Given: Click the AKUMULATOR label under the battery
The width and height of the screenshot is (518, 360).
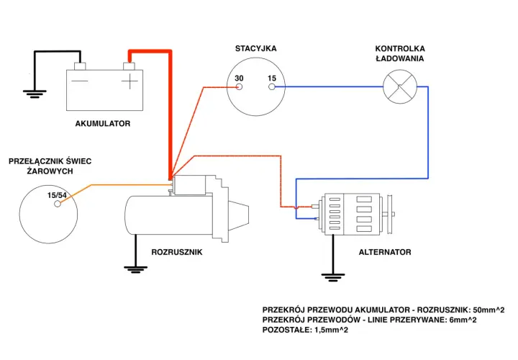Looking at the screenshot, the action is tap(103, 124).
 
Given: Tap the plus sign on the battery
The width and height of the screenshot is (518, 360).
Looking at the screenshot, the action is tap(129, 81).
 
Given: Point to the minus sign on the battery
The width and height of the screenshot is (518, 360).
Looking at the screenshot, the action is tap(80, 81).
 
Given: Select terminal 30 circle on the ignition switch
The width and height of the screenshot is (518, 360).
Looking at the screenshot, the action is tap(239, 87).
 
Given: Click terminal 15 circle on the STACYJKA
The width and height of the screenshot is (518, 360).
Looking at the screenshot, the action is tap(271, 87).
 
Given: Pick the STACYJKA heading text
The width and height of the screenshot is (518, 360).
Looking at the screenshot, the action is tap(255, 48).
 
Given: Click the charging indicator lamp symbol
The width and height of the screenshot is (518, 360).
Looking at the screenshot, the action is tap(400, 86).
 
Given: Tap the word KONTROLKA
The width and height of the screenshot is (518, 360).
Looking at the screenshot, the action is tap(400, 48).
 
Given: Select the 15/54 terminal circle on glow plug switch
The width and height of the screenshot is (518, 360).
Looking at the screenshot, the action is tap(58, 204).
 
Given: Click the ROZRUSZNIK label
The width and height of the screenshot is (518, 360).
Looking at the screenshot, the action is tap(177, 252).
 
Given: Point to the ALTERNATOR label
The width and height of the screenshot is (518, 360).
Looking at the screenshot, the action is tap(385, 252).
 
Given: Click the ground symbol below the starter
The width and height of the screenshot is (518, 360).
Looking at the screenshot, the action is tap(135, 269).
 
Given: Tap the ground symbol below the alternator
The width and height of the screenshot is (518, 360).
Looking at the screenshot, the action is tap(333, 277).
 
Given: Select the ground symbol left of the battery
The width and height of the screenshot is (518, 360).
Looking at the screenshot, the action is tap(35, 94).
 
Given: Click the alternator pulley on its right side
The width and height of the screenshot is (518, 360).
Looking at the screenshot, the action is tap(390, 215).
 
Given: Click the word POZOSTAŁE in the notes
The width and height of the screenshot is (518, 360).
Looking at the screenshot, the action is tap(286, 330).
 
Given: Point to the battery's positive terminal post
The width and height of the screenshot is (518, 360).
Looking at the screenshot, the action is tap(129, 66).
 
